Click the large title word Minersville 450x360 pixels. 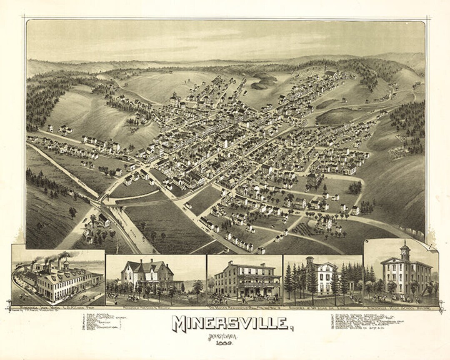230,323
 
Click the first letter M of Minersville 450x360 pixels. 179,324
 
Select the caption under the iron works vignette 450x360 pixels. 58,308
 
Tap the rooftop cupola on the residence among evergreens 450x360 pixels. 310,260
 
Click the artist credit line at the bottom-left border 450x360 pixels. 29,311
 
